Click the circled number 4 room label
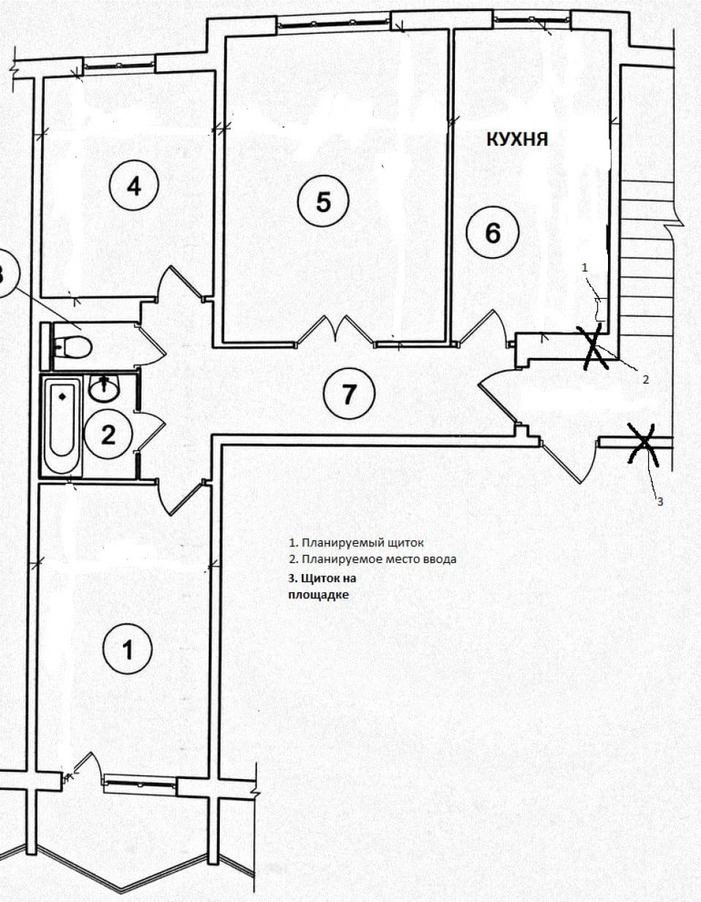point(134,185)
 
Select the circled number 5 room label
point(323,201)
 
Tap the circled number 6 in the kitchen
point(492,232)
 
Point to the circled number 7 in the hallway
point(349,393)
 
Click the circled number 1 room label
point(127,649)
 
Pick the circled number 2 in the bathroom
point(108,434)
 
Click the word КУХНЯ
point(517,139)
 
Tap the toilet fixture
point(72,346)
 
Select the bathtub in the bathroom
point(62,425)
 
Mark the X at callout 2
point(595,346)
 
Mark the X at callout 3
point(643,444)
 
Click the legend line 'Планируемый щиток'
point(356,543)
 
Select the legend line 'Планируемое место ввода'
point(373,559)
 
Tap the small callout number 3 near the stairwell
point(660,502)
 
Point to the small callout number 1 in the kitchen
point(585,268)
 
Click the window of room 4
point(119,64)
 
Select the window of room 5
point(334,23)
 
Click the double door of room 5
point(335,331)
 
